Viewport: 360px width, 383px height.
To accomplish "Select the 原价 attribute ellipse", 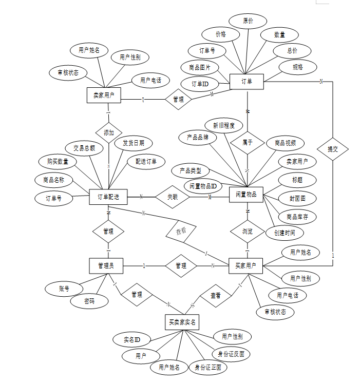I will pyautogui.click(x=248, y=21).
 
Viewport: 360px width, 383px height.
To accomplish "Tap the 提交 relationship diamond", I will pyautogui.click(x=332, y=149).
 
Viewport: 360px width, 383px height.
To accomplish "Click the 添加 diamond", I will pyautogui.click(x=109, y=132).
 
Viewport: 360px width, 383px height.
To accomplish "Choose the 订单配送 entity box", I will pyautogui.click(x=108, y=196).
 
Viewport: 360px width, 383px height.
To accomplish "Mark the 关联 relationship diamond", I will pyautogui.click(x=173, y=196).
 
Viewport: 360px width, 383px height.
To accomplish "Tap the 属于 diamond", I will pyautogui.click(x=248, y=143).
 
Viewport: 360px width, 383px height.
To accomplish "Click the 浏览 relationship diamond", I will pyautogui.click(x=247, y=231).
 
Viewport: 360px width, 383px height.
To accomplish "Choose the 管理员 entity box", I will pyautogui.click(x=108, y=265).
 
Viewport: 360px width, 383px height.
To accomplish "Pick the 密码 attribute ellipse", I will pyautogui.click(x=89, y=301).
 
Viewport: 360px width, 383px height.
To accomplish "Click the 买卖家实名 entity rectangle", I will pyautogui.click(x=182, y=322).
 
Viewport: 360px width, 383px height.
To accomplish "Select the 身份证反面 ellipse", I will pyautogui.click(x=232, y=354).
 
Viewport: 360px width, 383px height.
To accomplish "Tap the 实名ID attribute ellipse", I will pyautogui.click(x=132, y=340).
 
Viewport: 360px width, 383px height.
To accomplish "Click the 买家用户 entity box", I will pyautogui.click(x=245, y=265).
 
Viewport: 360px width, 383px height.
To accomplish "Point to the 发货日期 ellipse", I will pyautogui.click(x=133, y=143).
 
